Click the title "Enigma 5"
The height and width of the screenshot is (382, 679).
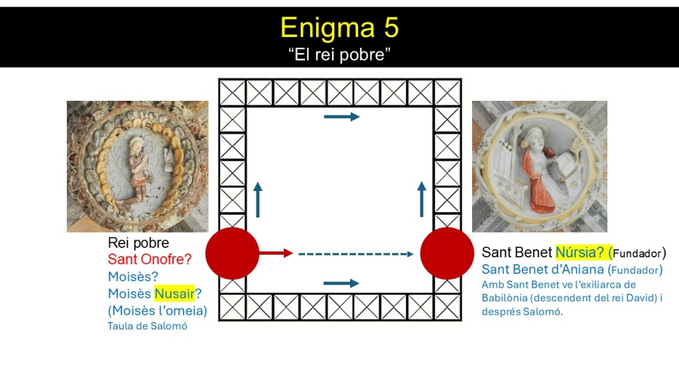tap(339, 28)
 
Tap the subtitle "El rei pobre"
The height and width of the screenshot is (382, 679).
tap(339, 54)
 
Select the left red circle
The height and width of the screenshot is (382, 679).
tap(232, 253)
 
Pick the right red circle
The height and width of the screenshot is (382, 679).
tap(447, 253)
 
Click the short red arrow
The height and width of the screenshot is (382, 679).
tap(277, 253)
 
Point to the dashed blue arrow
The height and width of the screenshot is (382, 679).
tap(356, 254)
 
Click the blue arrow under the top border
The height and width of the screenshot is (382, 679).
tap(341, 117)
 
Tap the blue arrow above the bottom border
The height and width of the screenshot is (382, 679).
tap(341, 283)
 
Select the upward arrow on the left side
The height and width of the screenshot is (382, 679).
tap(258, 200)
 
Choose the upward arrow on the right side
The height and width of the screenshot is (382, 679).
tap(421, 199)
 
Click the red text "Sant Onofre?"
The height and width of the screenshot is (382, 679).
tap(150, 259)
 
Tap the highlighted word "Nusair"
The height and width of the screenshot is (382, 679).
tap(174, 294)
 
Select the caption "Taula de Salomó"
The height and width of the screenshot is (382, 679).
tap(148, 326)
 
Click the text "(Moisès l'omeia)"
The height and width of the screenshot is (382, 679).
tap(158, 310)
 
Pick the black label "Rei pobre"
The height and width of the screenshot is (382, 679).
tap(139, 243)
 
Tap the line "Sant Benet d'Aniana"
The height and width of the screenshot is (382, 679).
tap(543, 269)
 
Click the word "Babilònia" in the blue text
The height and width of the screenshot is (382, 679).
tap(505, 298)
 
